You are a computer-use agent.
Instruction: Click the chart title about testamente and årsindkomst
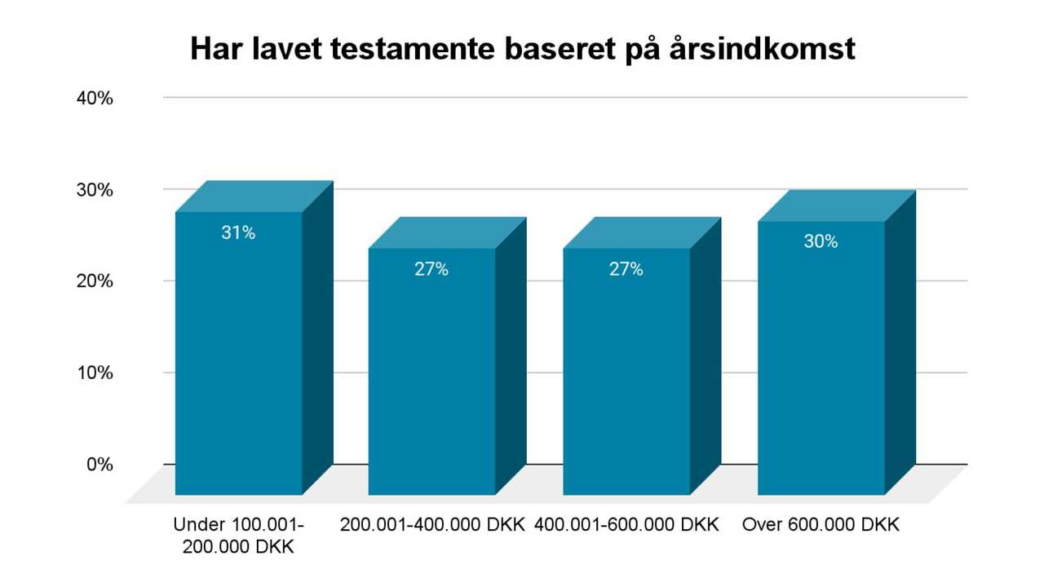tap(522, 49)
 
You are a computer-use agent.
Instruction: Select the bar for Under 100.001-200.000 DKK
tap(239, 359)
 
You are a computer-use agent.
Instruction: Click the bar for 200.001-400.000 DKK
tap(431, 375)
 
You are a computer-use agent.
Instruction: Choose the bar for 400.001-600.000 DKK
tap(626, 375)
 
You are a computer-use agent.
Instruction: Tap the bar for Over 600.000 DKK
tap(821, 363)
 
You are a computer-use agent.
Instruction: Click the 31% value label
tap(238, 232)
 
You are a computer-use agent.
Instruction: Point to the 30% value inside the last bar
tap(821, 241)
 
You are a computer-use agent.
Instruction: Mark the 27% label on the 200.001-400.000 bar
tap(431, 269)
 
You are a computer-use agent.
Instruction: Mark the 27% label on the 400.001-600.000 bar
tap(626, 269)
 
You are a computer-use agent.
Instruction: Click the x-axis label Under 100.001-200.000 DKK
tap(239, 536)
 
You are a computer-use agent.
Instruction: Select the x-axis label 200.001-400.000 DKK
tap(432, 525)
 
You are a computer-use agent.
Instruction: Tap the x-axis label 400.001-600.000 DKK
tap(627, 525)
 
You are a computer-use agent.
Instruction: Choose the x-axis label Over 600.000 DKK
tap(821, 525)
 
